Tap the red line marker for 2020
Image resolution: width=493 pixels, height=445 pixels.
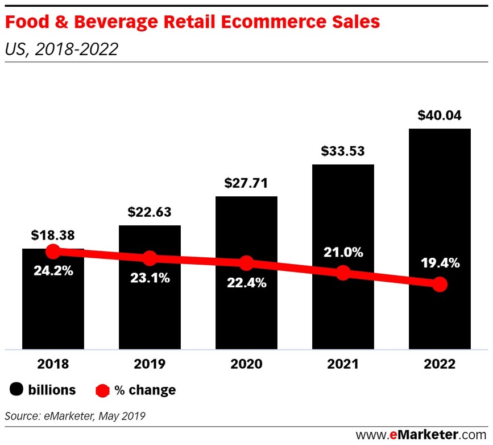[x=246, y=263]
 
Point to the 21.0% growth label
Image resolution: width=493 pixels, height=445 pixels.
[x=343, y=252]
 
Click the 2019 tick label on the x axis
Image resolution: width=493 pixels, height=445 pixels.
[x=149, y=364]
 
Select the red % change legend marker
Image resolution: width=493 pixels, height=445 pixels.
[x=101, y=390]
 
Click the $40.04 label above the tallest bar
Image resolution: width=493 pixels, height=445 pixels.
[x=439, y=116]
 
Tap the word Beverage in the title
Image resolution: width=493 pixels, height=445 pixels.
[x=106, y=23]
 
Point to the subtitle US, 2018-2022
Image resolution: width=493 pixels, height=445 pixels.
[x=61, y=50]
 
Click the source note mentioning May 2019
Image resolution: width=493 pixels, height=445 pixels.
[x=75, y=416]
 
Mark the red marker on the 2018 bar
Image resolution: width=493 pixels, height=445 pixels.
[x=52, y=252]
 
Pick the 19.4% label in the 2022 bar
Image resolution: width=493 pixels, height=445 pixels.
[x=440, y=263]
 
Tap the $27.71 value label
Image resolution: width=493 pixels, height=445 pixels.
[x=246, y=184]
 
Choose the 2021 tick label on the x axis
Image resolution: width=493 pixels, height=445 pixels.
[x=343, y=364]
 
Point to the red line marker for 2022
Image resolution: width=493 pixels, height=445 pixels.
[x=439, y=284]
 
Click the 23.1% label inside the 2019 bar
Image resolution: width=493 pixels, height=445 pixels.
[x=149, y=277]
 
